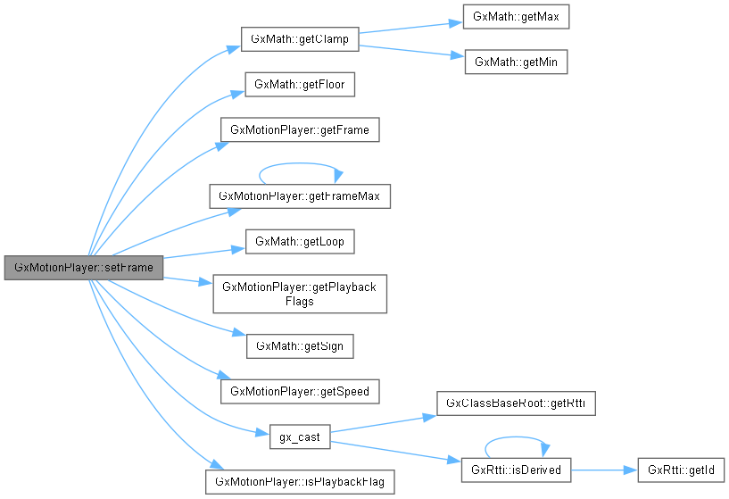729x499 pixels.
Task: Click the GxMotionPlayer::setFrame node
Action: point(83,267)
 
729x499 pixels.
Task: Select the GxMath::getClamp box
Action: point(300,40)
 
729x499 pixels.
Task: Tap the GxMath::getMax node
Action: point(516,17)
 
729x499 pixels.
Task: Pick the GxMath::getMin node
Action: point(516,62)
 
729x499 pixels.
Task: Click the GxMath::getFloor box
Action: point(300,85)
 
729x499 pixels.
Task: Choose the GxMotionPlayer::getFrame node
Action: point(300,129)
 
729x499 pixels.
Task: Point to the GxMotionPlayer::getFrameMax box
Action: point(300,195)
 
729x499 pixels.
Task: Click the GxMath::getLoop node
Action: point(300,241)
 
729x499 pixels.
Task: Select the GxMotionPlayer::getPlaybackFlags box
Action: point(300,294)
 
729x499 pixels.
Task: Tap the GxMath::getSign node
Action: point(300,345)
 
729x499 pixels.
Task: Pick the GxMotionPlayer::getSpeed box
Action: point(300,391)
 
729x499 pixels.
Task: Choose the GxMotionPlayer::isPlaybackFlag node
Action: point(300,482)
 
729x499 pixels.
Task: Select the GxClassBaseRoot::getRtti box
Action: point(516,403)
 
